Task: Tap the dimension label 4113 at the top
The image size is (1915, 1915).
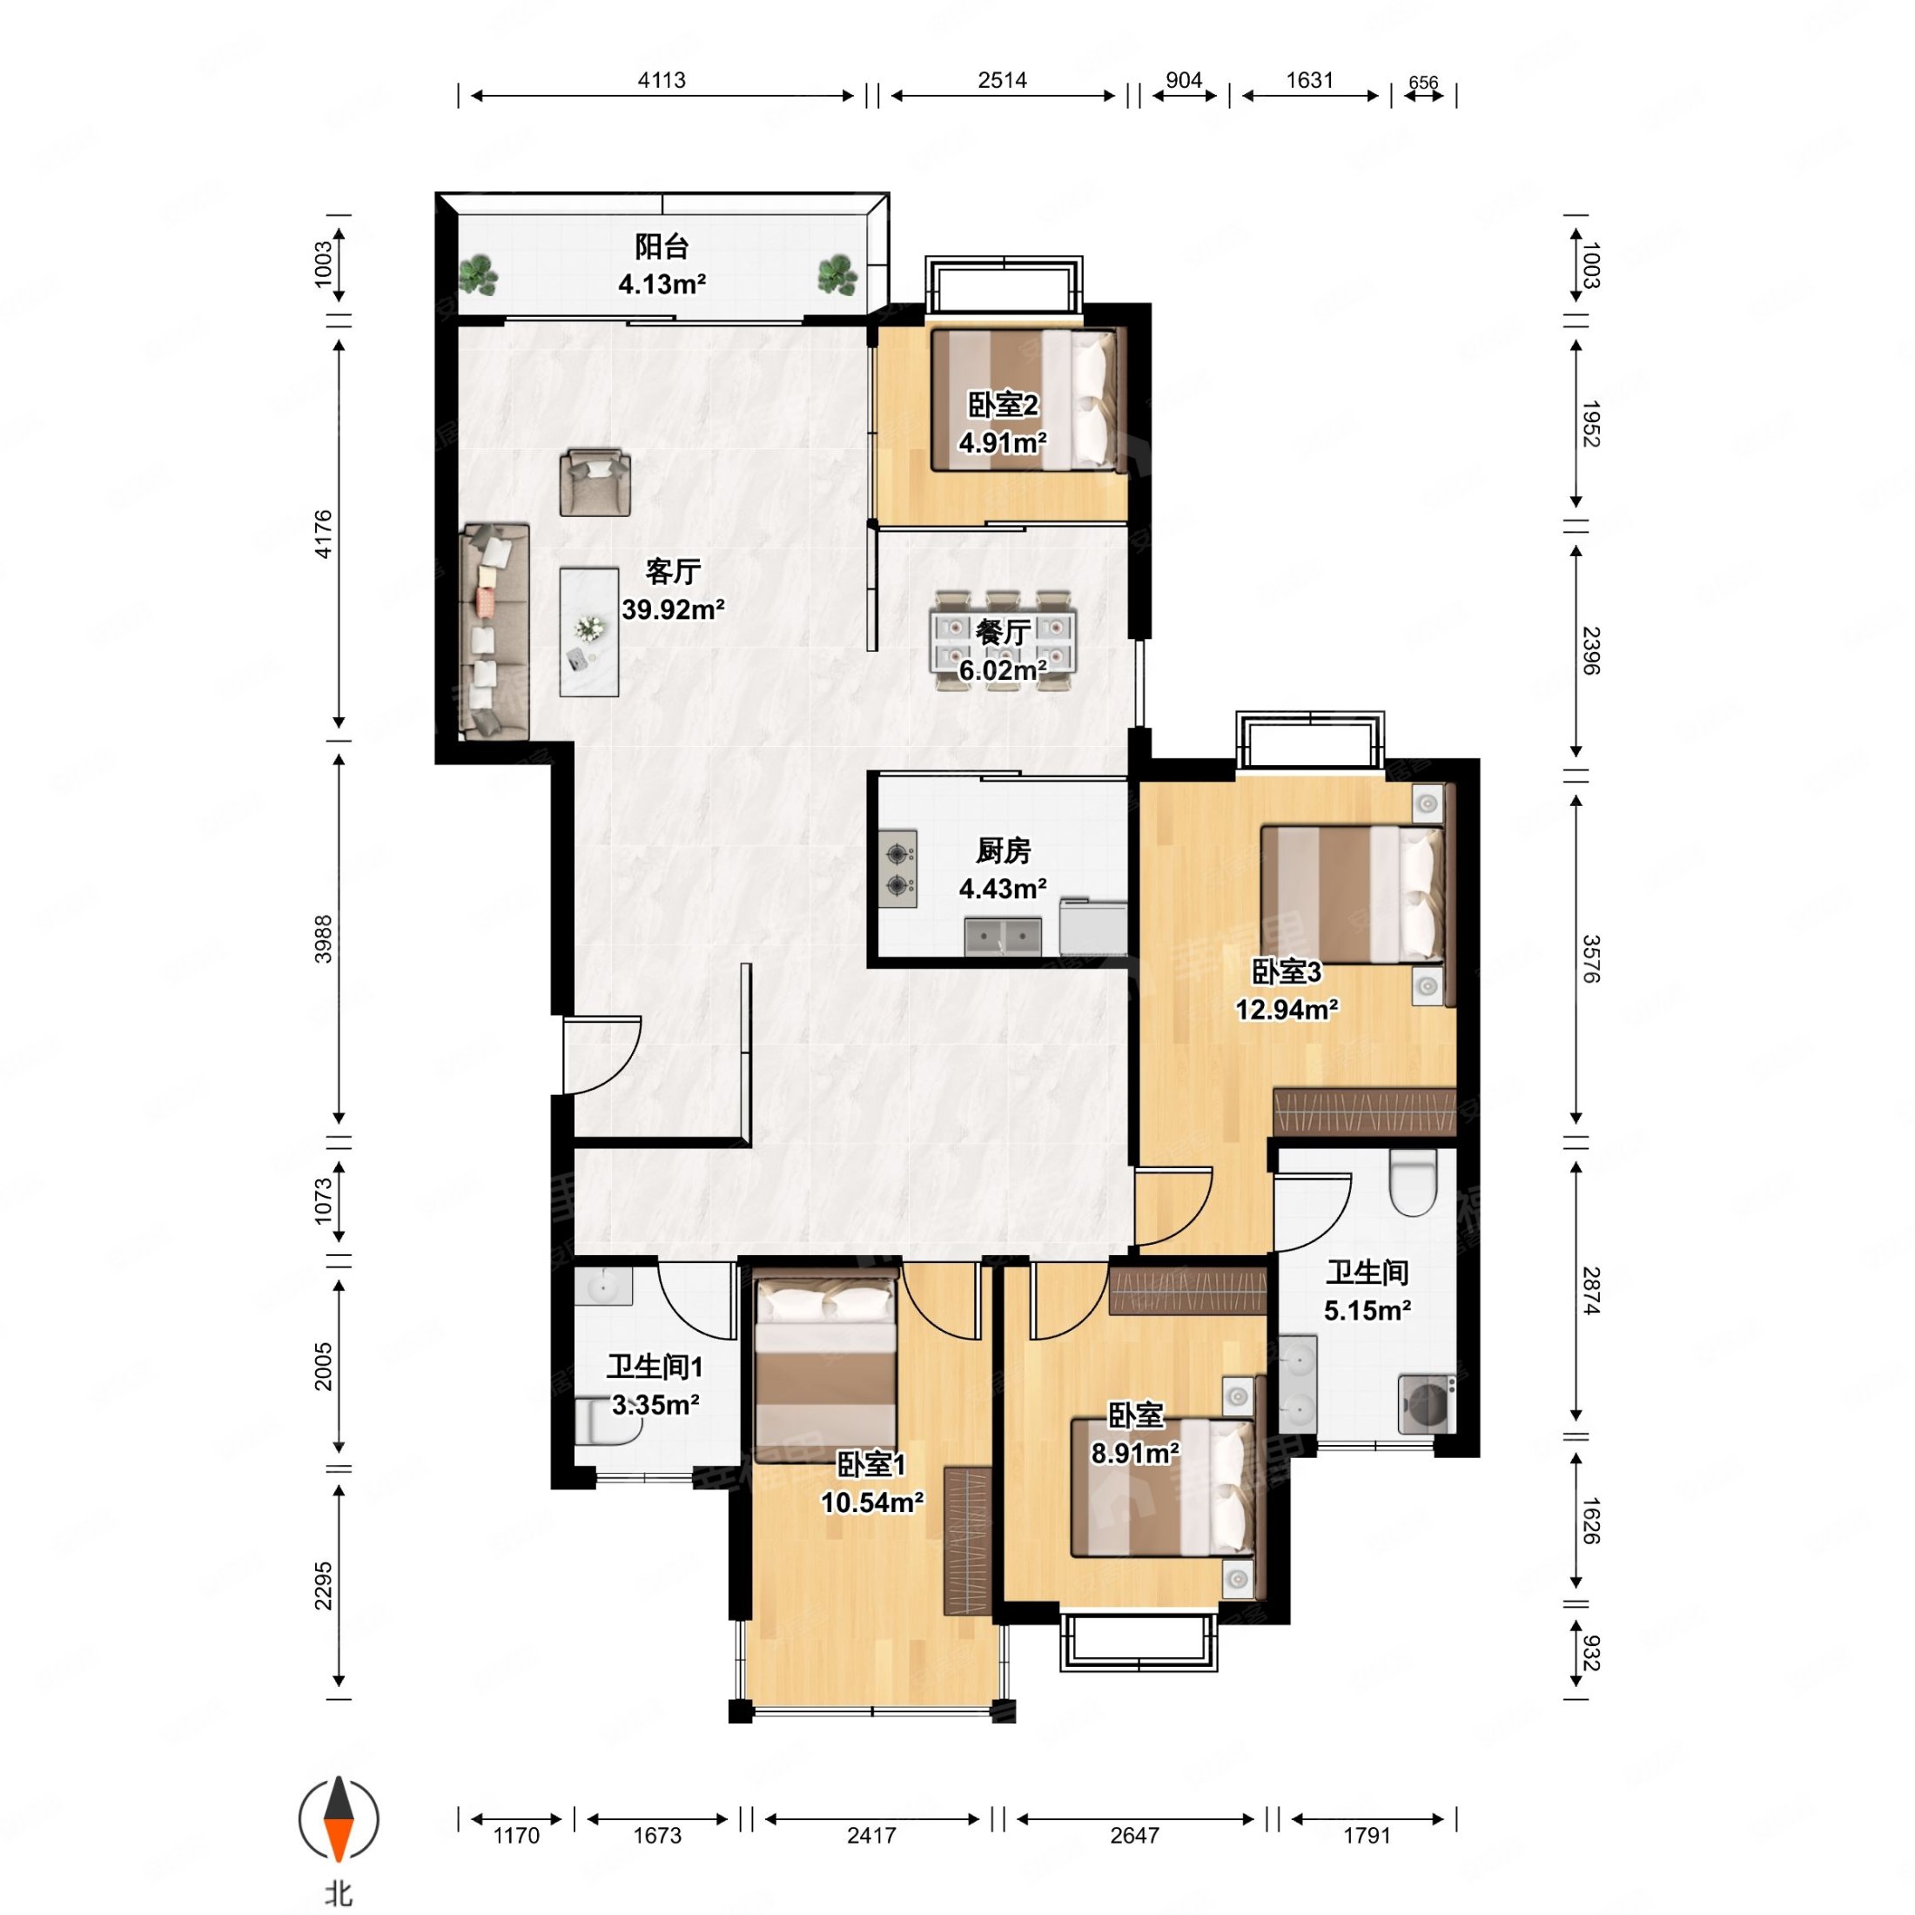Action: click(x=662, y=80)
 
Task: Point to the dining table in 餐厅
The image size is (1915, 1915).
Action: click(x=1002, y=641)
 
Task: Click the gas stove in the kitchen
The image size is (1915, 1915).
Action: click(x=898, y=869)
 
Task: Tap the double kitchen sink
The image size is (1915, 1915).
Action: click(x=1003, y=936)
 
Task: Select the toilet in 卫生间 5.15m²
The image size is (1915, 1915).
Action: click(x=1414, y=1180)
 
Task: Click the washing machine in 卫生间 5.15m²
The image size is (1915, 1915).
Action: click(x=1428, y=1403)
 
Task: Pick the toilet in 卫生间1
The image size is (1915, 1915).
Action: click(x=608, y=1420)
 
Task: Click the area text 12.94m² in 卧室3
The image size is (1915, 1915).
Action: click(x=1287, y=1009)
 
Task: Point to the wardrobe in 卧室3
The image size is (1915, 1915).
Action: click(x=1364, y=1112)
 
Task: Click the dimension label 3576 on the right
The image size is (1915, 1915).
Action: click(x=1590, y=958)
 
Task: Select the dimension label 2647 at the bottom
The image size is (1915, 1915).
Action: click(x=1134, y=1836)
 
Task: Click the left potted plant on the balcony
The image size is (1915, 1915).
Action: click(x=480, y=274)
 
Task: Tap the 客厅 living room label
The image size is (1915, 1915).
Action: click(x=673, y=571)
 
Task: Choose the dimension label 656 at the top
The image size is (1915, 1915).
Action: click(x=1423, y=84)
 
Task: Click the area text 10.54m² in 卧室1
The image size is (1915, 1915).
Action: click(x=872, y=1502)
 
